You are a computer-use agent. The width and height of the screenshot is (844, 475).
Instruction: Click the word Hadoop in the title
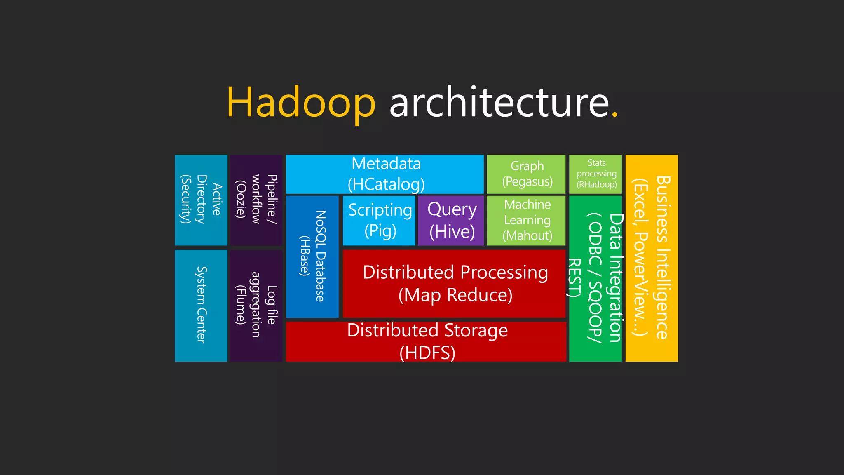[x=301, y=102]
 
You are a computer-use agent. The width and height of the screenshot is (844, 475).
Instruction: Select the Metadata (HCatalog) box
[x=385, y=174]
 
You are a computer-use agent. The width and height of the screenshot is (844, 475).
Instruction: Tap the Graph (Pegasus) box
[x=526, y=174]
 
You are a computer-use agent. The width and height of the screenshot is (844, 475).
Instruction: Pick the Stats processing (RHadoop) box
[x=595, y=174]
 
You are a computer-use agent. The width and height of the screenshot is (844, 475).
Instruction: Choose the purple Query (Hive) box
[x=451, y=221]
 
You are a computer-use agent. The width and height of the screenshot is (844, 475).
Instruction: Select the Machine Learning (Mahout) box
[x=526, y=221]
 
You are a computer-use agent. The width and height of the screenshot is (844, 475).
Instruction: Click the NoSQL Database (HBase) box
[x=312, y=256]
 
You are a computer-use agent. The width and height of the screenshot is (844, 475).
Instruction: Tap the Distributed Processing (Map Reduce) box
[x=454, y=284]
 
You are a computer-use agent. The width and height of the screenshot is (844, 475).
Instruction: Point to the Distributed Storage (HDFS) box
[x=426, y=341]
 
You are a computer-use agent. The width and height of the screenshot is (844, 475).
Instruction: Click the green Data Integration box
[x=595, y=278]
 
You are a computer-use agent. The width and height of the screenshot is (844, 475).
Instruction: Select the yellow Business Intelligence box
[x=652, y=258]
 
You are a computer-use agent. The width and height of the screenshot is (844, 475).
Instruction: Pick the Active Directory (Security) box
[x=201, y=200]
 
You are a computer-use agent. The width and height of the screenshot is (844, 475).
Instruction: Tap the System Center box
[x=201, y=306]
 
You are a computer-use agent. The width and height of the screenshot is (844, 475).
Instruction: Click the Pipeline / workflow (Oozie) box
[x=256, y=200]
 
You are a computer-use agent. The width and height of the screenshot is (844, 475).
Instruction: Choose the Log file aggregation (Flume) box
[x=256, y=306]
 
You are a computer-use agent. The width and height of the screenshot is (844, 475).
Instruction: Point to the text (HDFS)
[x=427, y=353]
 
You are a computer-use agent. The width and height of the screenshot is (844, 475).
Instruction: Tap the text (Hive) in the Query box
[x=452, y=232]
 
